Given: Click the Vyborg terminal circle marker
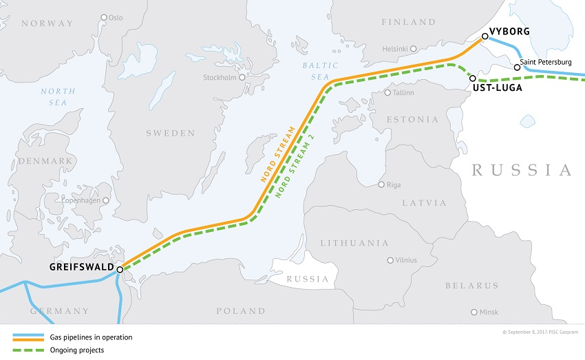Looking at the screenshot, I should click(x=484, y=39).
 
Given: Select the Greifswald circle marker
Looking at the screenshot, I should click(x=120, y=269).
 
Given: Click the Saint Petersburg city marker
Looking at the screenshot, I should click(x=517, y=67).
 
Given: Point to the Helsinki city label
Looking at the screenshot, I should click(x=395, y=49).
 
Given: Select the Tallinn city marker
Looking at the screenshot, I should click(x=387, y=92).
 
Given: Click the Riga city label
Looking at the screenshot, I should click(x=395, y=184).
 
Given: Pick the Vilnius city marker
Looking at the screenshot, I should click(x=390, y=260).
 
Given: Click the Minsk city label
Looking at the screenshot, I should click(x=488, y=312).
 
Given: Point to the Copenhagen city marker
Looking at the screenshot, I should click(x=105, y=200).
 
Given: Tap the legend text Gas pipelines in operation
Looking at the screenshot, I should click(x=90, y=337).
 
